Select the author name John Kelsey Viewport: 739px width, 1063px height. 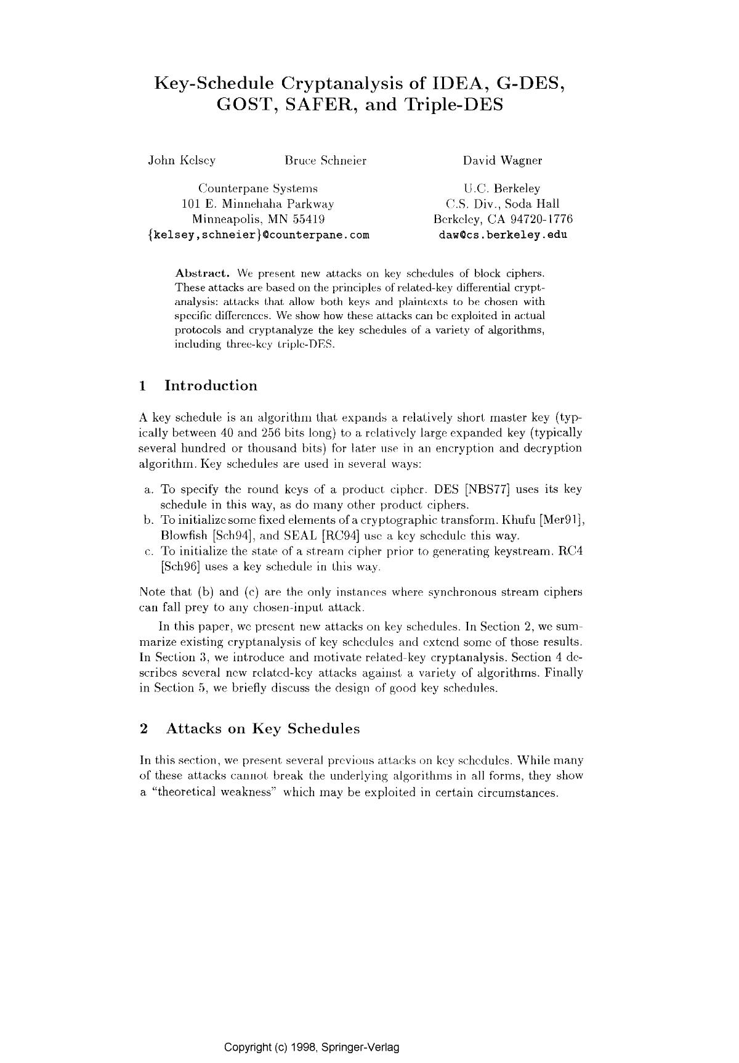tap(182, 161)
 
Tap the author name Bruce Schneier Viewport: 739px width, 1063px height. tap(325, 161)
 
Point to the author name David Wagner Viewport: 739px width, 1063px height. tap(503, 161)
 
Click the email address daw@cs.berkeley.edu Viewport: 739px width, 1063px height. tap(503, 235)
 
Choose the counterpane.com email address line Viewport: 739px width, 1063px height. tap(259, 235)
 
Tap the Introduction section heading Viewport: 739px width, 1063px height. tap(211, 386)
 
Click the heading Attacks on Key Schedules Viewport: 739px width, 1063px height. tap(263, 728)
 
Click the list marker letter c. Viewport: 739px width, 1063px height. tap(148, 551)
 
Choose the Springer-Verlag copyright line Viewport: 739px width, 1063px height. tap(312, 1047)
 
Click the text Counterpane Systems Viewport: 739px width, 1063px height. tap(257, 189)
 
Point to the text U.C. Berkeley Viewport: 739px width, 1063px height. tap(503, 189)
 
